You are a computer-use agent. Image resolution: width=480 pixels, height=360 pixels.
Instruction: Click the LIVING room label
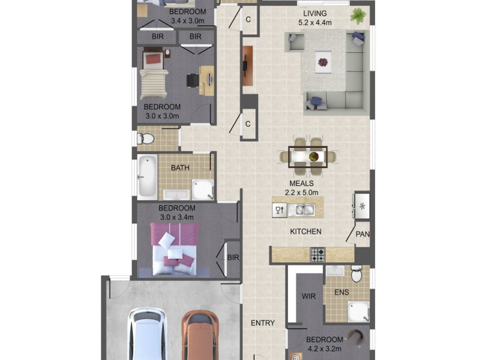(315, 13)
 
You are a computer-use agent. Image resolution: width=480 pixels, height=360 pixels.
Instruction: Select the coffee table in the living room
(324, 62)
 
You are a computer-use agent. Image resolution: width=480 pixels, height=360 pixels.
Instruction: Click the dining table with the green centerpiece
(308, 157)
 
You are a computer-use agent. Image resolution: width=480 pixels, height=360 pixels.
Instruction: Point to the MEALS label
(302, 183)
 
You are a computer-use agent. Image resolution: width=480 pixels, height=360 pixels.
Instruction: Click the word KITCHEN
(306, 232)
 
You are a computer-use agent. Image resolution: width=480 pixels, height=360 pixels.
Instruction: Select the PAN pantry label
(363, 234)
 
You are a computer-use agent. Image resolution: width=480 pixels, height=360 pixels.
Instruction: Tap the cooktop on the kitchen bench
(317, 255)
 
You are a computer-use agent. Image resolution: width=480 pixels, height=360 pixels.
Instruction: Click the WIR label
(309, 296)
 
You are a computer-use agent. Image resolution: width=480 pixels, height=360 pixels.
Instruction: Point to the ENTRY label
(262, 323)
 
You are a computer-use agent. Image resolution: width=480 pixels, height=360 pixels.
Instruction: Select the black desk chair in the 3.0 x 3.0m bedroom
(192, 79)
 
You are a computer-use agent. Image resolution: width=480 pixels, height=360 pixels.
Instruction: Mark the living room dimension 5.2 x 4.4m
(315, 23)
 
